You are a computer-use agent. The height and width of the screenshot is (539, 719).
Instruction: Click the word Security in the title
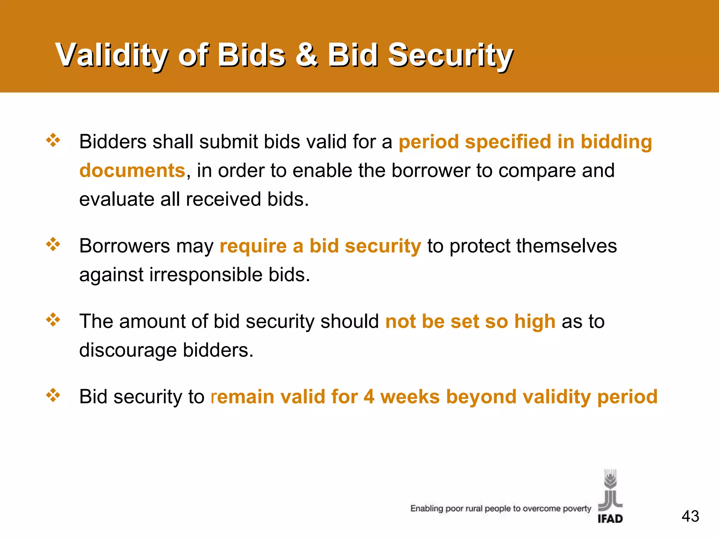(x=450, y=55)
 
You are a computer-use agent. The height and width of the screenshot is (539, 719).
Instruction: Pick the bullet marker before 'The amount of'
(x=53, y=320)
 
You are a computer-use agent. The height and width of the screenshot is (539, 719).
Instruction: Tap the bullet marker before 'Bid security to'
(x=53, y=395)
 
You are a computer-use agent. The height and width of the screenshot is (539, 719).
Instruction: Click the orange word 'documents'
(x=132, y=171)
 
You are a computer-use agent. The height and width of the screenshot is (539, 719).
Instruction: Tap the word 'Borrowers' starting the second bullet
(x=124, y=246)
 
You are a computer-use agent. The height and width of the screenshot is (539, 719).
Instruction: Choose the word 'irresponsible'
(x=206, y=274)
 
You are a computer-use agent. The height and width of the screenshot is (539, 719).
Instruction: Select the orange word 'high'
(x=535, y=321)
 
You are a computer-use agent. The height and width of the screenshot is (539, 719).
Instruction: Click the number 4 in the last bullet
(x=369, y=397)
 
